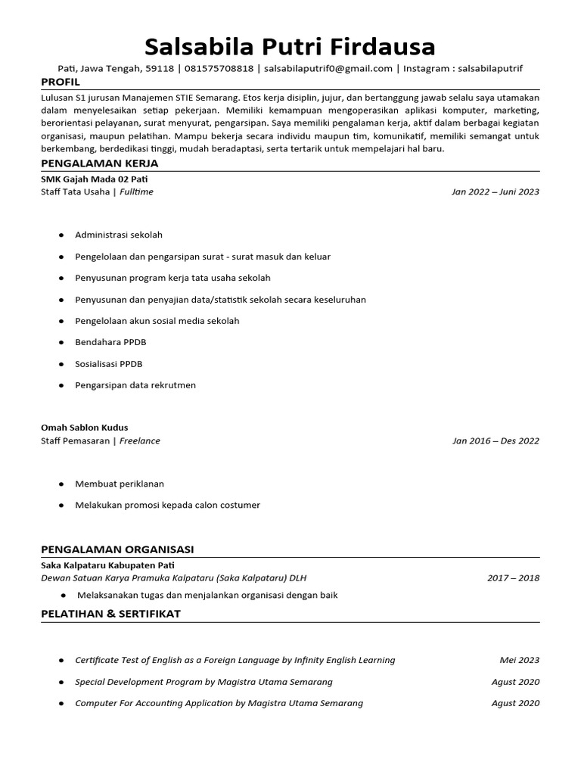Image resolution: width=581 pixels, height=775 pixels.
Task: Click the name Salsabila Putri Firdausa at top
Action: (x=290, y=47)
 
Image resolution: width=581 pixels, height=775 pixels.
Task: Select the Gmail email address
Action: (x=328, y=69)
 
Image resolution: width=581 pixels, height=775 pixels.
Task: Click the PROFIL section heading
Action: (x=60, y=82)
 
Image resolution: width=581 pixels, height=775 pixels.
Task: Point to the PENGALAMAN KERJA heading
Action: (x=99, y=163)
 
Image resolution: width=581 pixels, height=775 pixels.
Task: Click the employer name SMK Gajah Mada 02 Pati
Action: (x=94, y=179)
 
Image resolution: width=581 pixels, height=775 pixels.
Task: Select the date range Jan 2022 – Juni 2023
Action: (x=495, y=192)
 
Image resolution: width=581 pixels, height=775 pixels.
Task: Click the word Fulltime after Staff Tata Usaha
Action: (x=136, y=192)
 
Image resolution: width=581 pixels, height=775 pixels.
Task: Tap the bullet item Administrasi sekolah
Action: (x=119, y=235)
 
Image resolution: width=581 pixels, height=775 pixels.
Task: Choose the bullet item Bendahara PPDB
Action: (x=110, y=342)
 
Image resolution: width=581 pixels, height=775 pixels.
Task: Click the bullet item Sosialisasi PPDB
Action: (x=109, y=364)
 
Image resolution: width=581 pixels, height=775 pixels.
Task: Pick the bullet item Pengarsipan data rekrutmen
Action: (x=135, y=385)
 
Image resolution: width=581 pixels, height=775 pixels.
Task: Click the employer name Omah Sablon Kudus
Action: (x=84, y=428)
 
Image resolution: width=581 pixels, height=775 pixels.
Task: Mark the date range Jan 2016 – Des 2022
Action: (x=496, y=440)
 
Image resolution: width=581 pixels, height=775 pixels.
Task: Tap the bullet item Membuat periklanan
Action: (x=120, y=484)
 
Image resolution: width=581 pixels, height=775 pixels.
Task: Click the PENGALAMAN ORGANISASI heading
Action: (x=117, y=549)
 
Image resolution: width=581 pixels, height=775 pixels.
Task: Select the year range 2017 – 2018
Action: (x=514, y=578)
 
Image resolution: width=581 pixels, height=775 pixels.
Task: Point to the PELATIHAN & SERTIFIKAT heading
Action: (x=110, y=614)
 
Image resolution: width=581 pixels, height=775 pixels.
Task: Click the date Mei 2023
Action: (x=520, y=660)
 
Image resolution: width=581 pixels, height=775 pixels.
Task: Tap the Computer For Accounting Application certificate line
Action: (x=219, y=703)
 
